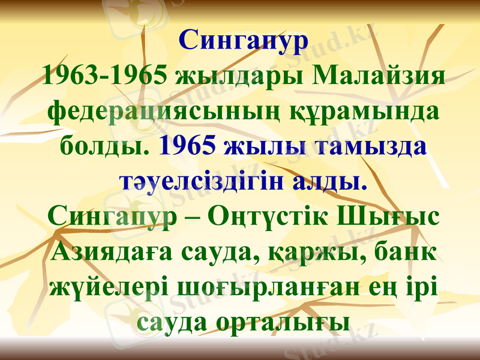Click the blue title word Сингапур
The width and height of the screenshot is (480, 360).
point(243,41)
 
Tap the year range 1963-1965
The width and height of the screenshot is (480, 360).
point(106,76)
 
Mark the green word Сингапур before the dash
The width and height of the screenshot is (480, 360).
point(111,216)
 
